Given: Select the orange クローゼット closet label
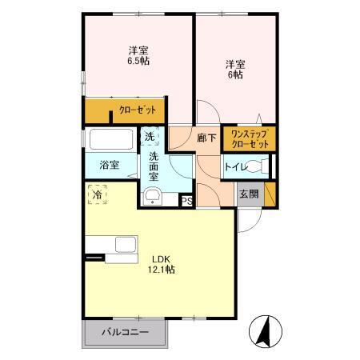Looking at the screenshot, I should (137, 110).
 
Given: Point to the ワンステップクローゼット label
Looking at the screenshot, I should (250, 138).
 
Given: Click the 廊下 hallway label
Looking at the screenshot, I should (206, 138).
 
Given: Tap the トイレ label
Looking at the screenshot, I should (234, 167).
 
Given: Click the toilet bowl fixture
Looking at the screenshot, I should (258, 167).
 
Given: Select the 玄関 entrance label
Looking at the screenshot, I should (248, 194).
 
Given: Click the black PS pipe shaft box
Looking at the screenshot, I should (187, 201).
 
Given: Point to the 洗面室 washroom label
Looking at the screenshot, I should (154, 165).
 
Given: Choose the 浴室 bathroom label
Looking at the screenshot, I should (110, 166).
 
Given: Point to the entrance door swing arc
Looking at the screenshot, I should (248, 220).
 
